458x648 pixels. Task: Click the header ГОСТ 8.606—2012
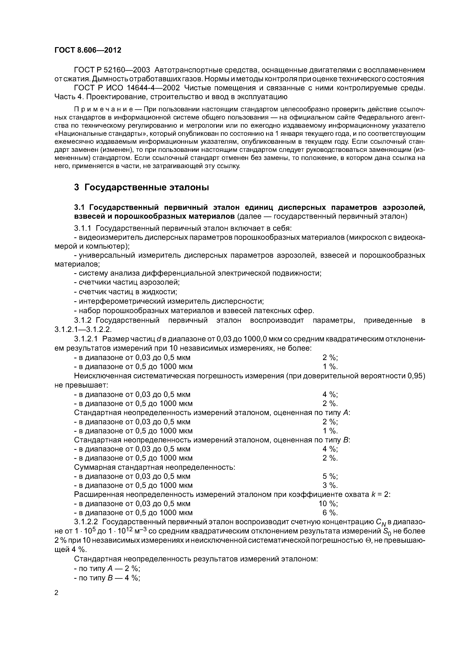pos(88,50)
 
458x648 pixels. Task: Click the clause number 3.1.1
pos(82,228)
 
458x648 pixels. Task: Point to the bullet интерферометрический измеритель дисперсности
pos(169,301)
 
